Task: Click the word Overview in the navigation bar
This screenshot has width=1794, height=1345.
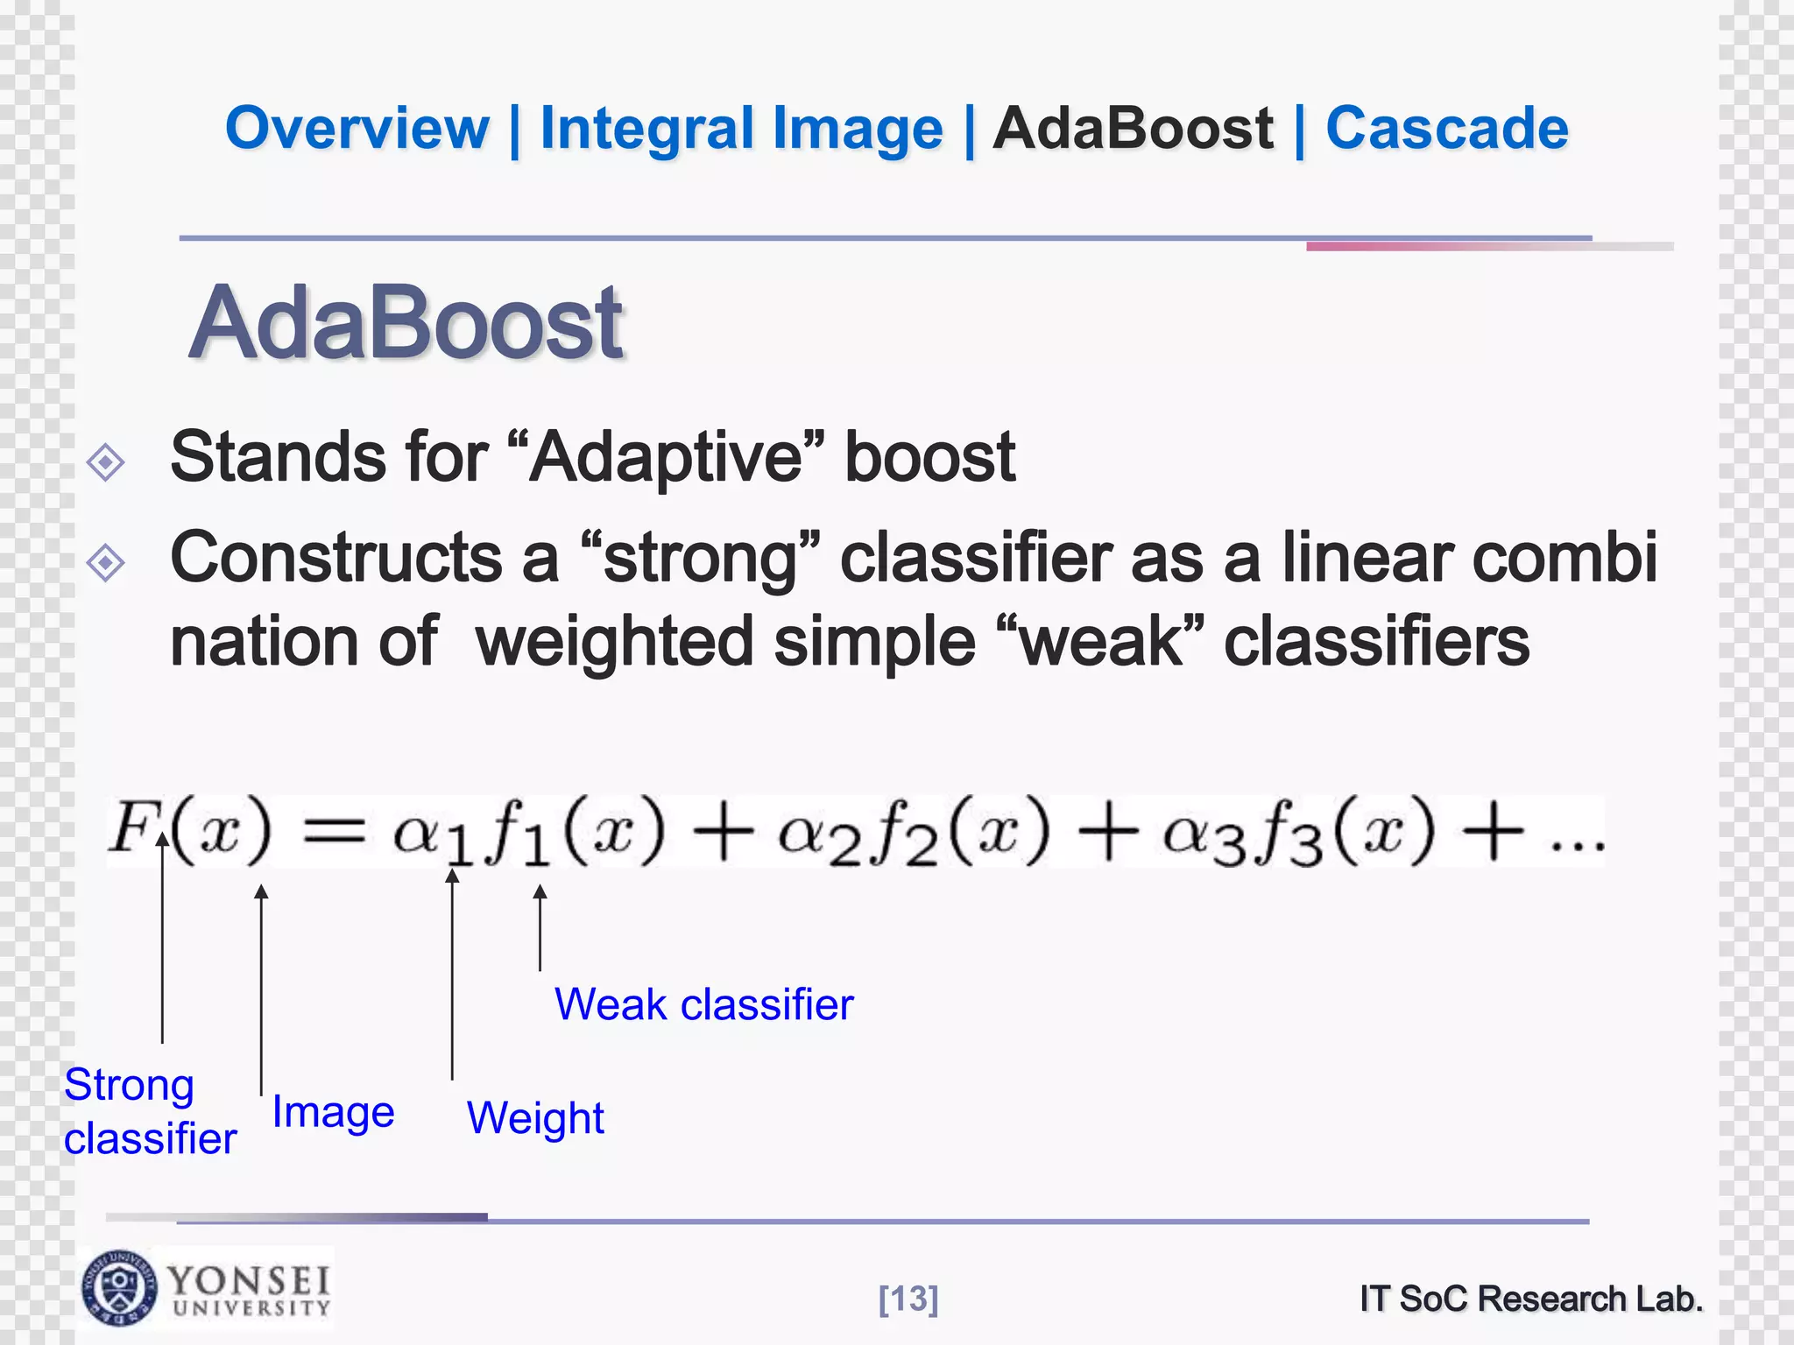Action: coord(357,129)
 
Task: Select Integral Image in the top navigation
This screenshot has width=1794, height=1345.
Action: coord(741,129)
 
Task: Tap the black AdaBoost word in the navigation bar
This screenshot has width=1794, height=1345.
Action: coord(1133,129)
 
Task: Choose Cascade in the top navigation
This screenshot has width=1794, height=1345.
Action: coord(1446,129)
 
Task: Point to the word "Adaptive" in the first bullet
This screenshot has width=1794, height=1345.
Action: coord(667,457)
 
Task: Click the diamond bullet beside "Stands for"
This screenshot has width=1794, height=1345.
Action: coord(106,461)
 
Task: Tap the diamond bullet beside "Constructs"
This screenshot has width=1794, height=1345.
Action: coord(106,562)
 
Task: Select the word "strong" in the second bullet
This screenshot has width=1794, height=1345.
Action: coord(700,558)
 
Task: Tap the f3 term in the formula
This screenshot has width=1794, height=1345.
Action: coord(1287,832)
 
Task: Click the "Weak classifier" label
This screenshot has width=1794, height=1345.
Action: coord(703,1004)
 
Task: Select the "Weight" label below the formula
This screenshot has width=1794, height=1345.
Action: coord(535,1118)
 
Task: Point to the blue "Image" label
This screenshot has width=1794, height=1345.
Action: coord(333,1112)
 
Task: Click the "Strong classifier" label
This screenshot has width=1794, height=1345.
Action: coord(150,1112)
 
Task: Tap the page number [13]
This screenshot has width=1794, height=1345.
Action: coord(908,1299)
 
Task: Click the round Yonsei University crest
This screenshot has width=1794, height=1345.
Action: coord(120,1288)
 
